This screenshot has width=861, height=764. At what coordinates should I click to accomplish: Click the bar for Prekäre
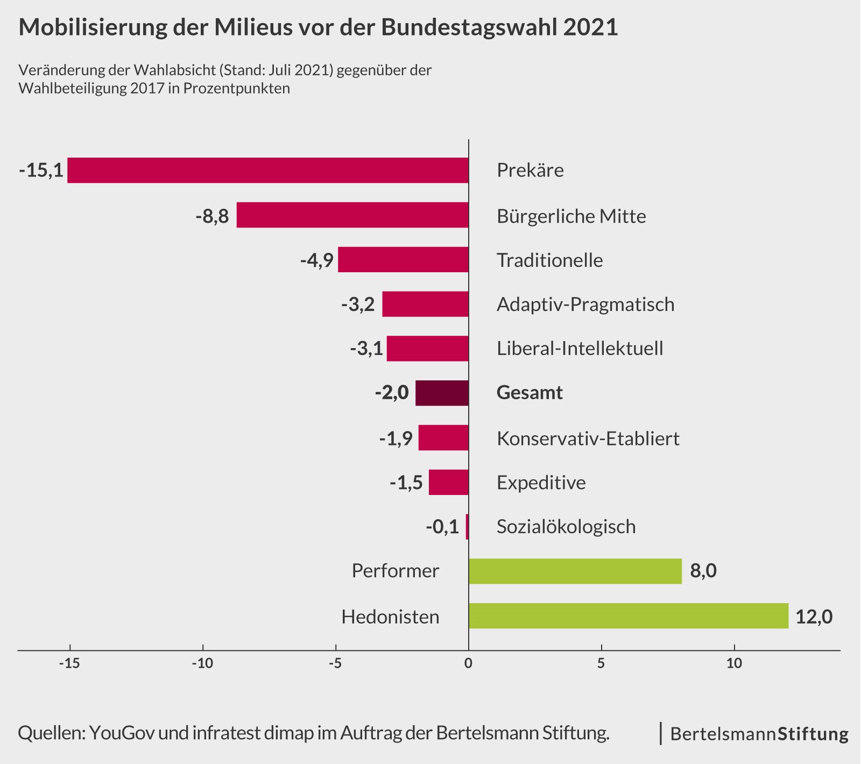267,171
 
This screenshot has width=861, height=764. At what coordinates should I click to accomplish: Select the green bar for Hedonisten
628,616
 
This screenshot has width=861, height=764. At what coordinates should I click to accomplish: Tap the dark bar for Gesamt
442,393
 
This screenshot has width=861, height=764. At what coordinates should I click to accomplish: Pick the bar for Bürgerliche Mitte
352,215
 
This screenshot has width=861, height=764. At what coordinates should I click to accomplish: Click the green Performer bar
575,571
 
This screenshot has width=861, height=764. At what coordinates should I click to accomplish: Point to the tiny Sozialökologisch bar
467,526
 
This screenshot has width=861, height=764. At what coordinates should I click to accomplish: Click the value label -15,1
41,171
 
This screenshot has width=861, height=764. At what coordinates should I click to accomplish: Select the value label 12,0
814,617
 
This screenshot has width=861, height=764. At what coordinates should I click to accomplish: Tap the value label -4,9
316,260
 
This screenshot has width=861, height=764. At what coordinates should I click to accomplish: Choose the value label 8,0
703,571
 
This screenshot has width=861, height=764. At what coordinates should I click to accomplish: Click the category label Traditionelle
549,260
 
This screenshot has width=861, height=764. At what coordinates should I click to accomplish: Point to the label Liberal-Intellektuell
580,349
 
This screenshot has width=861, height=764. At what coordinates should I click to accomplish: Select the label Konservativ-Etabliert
588,438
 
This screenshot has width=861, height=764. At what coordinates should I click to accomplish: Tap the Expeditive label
541,483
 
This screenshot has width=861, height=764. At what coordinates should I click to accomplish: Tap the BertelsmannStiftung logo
759,734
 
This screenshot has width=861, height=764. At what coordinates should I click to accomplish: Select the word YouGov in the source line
122,733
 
